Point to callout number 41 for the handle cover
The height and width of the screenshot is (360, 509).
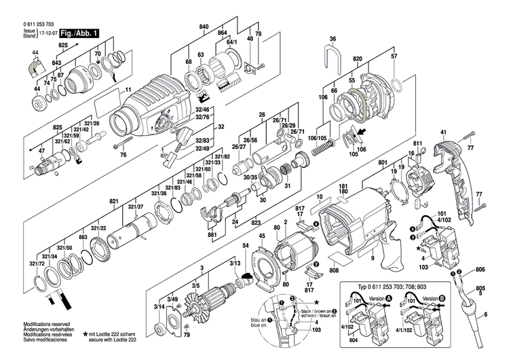tap(443, 132)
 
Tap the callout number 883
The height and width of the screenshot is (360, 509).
tap(83, 237)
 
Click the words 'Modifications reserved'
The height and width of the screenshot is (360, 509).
tap(46, 325)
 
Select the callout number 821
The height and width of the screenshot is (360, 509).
tap(113, 202)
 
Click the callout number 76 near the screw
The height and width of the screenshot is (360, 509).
tap(124, 155)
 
